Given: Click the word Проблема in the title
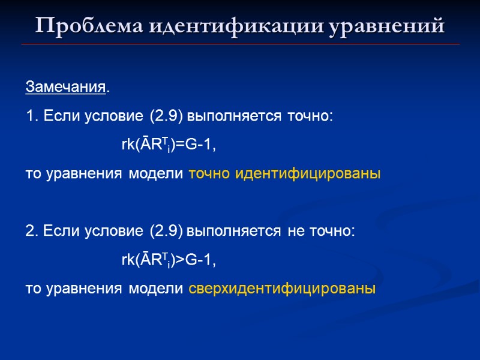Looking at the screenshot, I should pyautogui.click(x=88, y=26).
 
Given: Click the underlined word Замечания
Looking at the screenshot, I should pyautogui.click(x=65, y=88).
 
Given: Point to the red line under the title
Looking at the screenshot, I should pyautogui.click(x=240, y=44).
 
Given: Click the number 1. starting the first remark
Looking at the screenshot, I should pyautogui.click(x=31, y=116).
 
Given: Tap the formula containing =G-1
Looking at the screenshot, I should pyautogui.click(x=168, y=146).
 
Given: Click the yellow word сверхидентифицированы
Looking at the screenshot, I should pyautogui.click(x=282, y=289).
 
